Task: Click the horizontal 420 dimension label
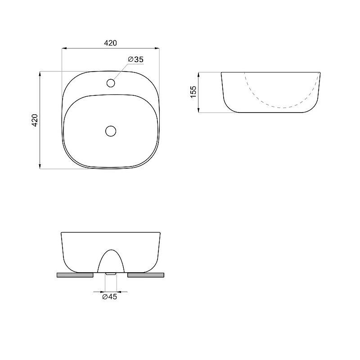pos(110,43)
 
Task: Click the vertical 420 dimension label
pos(35,120)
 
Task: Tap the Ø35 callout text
pos(136,59)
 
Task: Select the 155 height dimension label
pos(193,92)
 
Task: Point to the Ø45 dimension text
pos(109,297)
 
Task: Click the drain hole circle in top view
pos(111,131)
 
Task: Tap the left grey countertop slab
pos(75,275)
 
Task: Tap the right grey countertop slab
pos(146,275)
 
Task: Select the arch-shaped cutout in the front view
pos(111,250)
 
